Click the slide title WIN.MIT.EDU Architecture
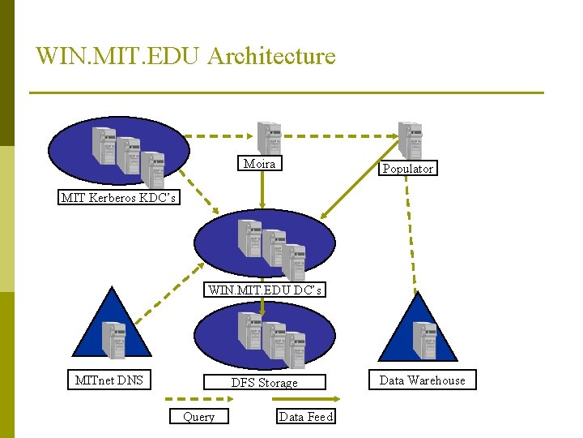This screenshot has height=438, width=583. (185, 56)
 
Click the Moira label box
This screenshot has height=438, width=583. (259, 164)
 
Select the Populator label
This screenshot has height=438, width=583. (407, 169)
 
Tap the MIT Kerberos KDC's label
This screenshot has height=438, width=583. (118, 197)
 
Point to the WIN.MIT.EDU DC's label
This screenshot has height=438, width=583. (265, 290)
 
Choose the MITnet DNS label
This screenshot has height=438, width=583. (109, 380)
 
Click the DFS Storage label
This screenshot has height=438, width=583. (264, 382)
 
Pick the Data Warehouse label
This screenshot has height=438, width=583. (422, 380)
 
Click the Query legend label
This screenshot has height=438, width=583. (198, 416)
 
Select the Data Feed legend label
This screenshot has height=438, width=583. (305, 416)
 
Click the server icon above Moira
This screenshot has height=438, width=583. (268, 138)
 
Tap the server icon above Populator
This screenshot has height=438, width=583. (410, 140)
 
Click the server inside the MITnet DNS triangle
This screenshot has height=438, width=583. (113, 340)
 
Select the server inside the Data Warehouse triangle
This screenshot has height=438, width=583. (424, 340)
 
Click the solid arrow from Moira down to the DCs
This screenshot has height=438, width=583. (261, 193)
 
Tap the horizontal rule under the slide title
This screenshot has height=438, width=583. (286, 92)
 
